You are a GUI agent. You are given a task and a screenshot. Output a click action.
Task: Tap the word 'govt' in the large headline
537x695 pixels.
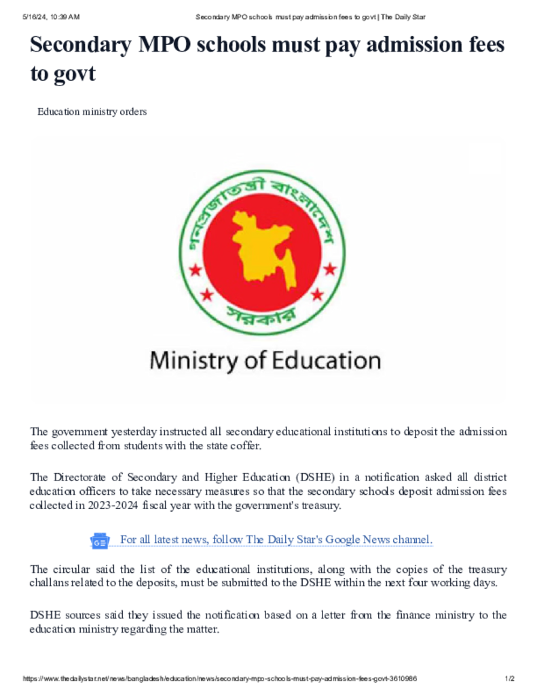coord(73,73)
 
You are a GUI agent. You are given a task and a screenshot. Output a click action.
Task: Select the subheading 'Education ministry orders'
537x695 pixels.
coord(92,111)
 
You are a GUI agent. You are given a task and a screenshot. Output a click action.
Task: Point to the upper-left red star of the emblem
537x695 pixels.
coord(196,269)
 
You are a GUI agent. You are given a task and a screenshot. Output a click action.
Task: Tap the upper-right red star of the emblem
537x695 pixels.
coord(330,269)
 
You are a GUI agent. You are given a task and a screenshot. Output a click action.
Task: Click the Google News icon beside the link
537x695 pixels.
coord(100,540)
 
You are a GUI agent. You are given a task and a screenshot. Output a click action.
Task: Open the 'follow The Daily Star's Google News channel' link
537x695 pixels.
coord(276,540)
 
